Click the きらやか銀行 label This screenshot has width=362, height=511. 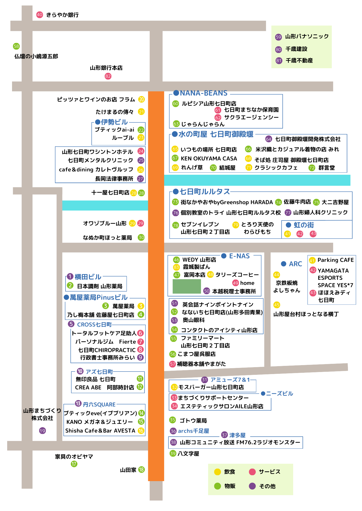[62, 15]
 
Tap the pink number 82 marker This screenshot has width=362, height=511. [108, 76]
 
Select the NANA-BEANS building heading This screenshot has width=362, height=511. [204, 93]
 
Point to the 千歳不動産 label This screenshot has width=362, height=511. [299, 61]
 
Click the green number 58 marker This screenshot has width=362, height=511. [16, 46]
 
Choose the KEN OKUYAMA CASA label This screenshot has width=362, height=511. [209, 158]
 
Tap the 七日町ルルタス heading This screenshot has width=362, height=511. [205, 192]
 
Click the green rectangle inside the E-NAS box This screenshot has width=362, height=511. [187, 286]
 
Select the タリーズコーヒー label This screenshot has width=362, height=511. [237, 275]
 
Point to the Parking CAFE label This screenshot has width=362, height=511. [336, 260]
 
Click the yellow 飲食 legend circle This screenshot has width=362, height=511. [217, 472]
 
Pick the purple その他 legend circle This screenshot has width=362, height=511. [252, 486]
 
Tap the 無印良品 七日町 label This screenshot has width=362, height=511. [95, 379]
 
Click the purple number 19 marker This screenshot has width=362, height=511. [42, 431]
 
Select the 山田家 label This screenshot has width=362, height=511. [128, 470]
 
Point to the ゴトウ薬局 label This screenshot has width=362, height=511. [193, 421]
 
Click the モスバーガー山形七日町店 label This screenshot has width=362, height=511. [211, 387]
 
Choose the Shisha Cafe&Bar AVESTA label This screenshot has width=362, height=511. [100, 431]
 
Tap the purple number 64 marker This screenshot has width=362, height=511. [269, 139]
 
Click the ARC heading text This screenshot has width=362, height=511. [295, 264]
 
